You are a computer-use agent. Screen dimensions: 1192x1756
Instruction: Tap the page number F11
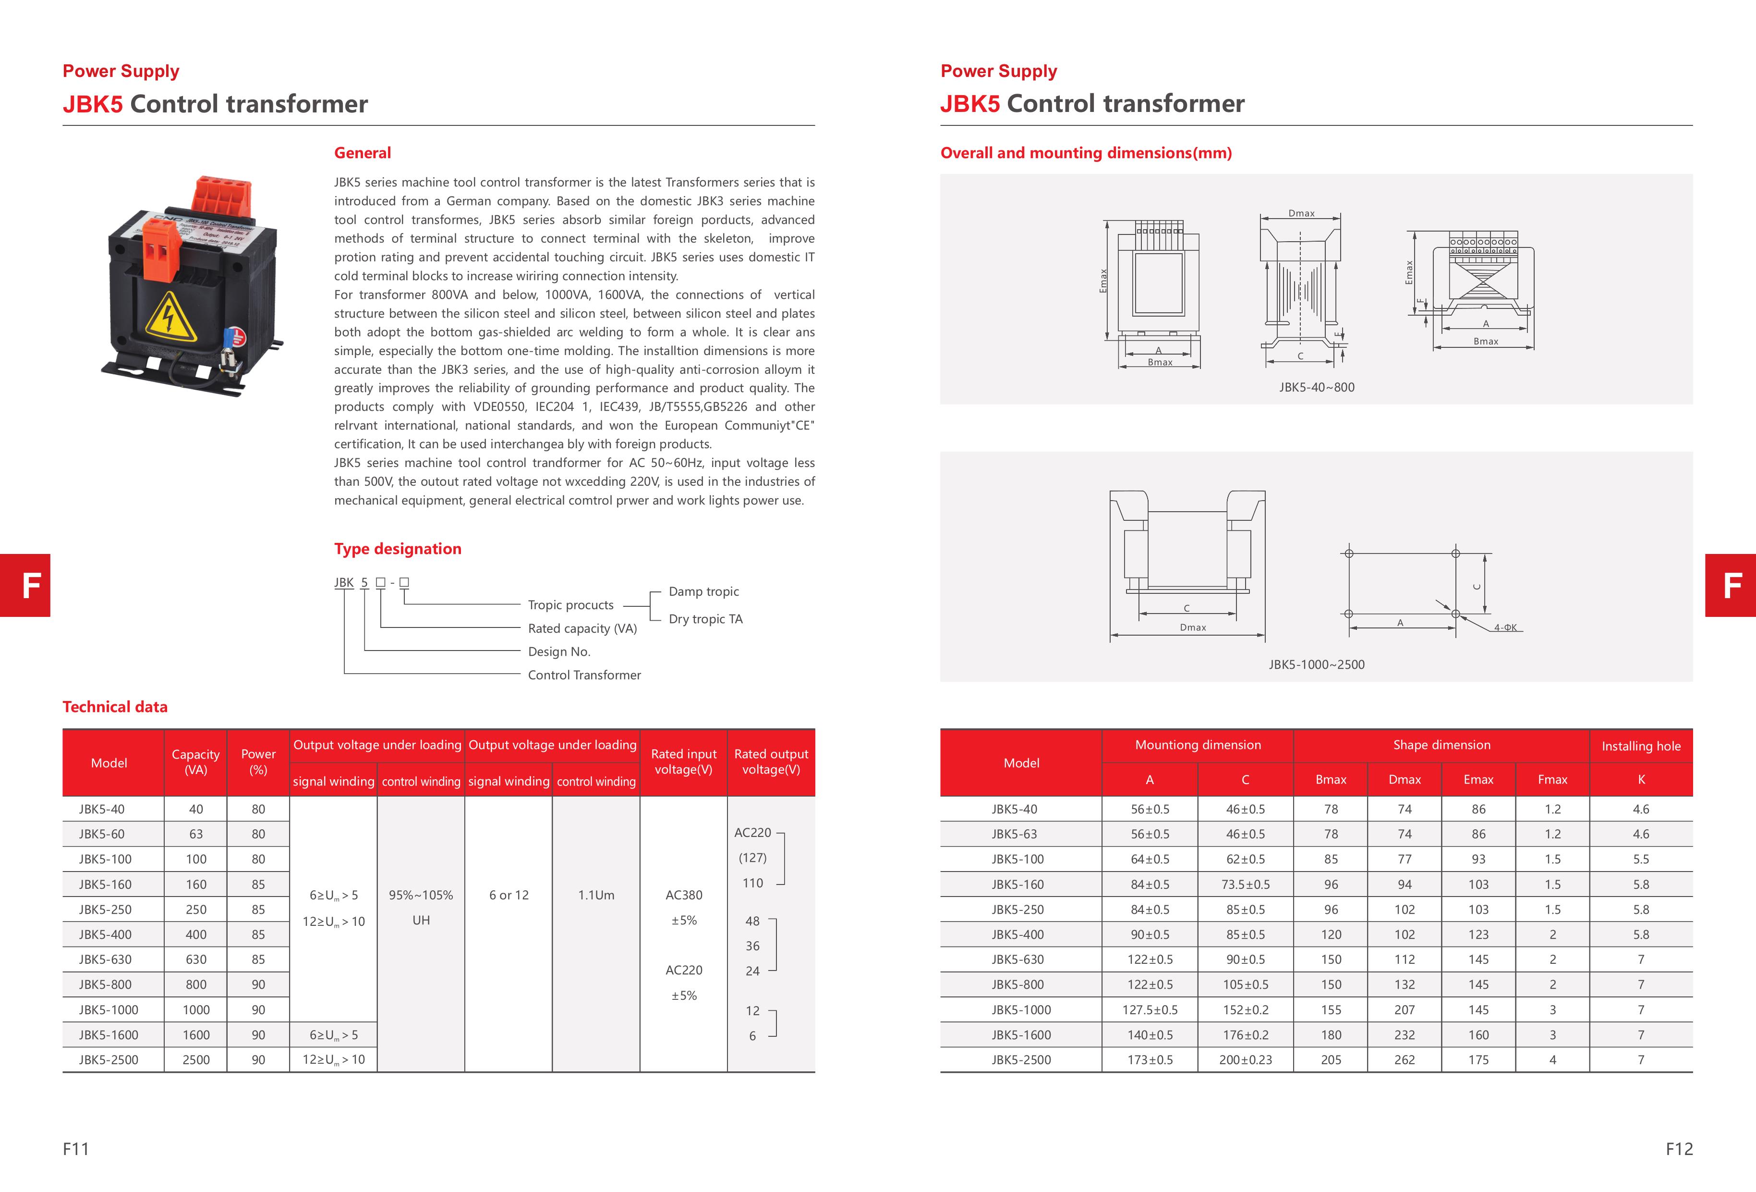click(75, 1149)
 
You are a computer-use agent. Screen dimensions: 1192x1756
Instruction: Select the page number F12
click(1679, 1149)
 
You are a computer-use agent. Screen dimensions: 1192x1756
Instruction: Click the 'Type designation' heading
click(398, 549)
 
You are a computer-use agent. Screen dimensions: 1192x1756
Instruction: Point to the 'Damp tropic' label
click(703, 591)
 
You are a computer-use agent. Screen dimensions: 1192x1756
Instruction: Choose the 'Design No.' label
click(559, 651)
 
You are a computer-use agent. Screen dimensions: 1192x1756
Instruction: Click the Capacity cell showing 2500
click(196, 1060)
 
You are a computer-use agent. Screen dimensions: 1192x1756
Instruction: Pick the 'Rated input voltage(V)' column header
click(684, 762)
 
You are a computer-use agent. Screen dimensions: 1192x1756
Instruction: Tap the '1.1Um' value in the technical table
click(596, 895)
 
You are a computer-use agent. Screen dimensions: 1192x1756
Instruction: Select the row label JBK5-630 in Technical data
click(105, 959)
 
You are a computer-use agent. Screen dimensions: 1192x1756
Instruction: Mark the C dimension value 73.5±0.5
click(1245, 885)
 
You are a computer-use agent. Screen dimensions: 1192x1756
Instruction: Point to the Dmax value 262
click(1405, 1060)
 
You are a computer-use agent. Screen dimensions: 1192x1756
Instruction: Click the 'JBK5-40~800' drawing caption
click(1316, 387)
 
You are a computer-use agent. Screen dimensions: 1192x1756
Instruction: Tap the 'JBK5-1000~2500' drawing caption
click(1316, 664)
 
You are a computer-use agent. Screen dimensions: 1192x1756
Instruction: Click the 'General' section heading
click(363, 153)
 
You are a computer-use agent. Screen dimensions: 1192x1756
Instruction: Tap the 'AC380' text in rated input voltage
click(684, 895)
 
